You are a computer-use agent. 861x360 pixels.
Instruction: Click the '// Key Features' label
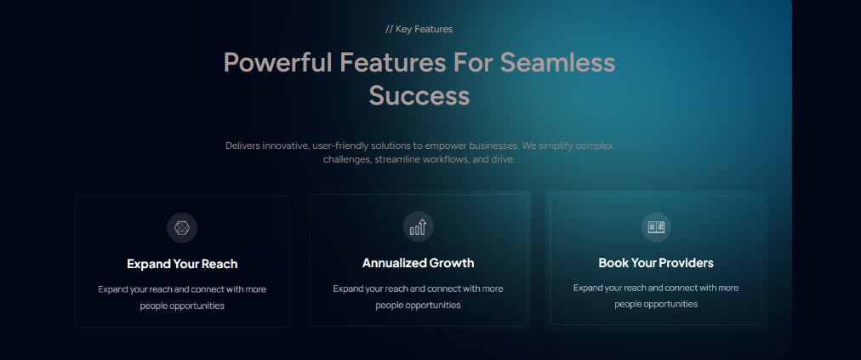(x=419, y=29)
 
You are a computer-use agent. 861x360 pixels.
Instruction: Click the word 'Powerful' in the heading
(x=277, y=62)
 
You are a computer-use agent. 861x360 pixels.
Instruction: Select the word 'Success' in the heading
(x=419, y=95)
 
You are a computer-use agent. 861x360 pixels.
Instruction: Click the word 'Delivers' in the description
(x=244, y=146)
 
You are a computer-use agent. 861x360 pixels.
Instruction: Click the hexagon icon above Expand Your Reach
(x=181, y=227)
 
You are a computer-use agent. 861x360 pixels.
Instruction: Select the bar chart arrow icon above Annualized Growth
(x=418, y=226)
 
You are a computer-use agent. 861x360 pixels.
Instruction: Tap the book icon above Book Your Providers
(x=656, y=227)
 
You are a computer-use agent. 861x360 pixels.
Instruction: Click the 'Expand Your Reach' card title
(x=182, y=264)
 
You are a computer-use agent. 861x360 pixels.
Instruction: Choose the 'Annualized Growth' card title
(x=418, y=263)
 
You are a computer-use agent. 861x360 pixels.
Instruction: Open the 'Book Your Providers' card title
(x=656, y=263)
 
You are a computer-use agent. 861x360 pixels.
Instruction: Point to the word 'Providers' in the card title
(x=686, y=263)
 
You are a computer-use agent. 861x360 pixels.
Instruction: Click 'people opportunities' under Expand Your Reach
(x=182, y=306)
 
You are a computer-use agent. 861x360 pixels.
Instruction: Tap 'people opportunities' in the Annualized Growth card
(x=418, y=305)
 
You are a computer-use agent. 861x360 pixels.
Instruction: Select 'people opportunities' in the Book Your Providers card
(x=656, y=304)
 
